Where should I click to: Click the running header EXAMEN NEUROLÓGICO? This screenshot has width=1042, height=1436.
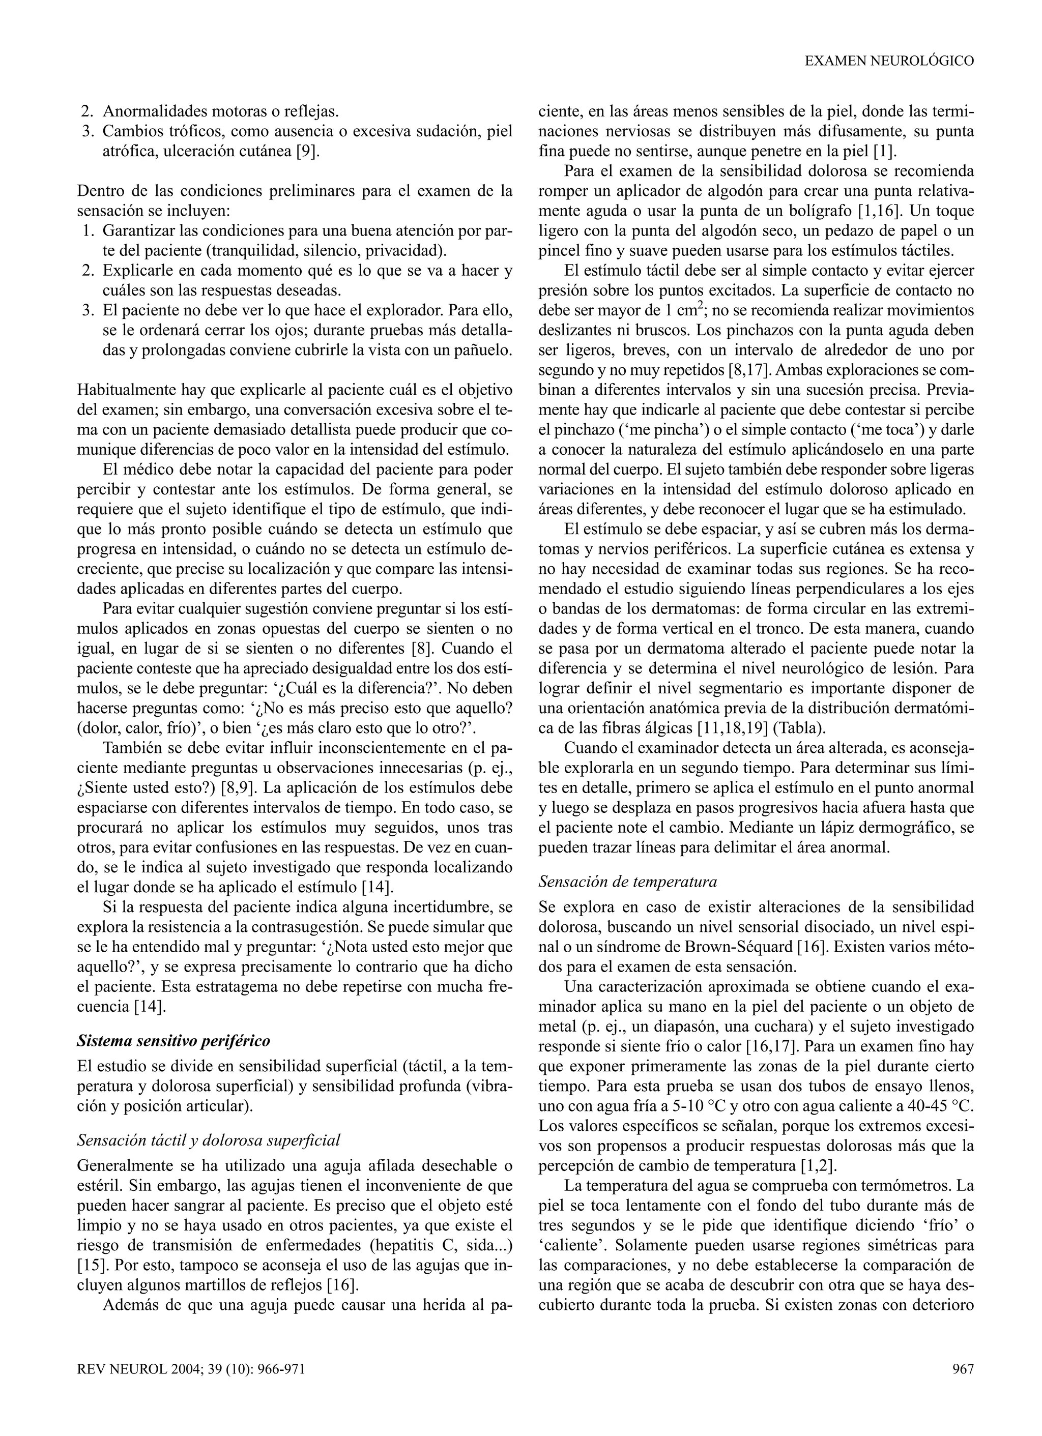point(889,61)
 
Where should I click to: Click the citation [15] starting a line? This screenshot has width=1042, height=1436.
point(87,1266)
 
